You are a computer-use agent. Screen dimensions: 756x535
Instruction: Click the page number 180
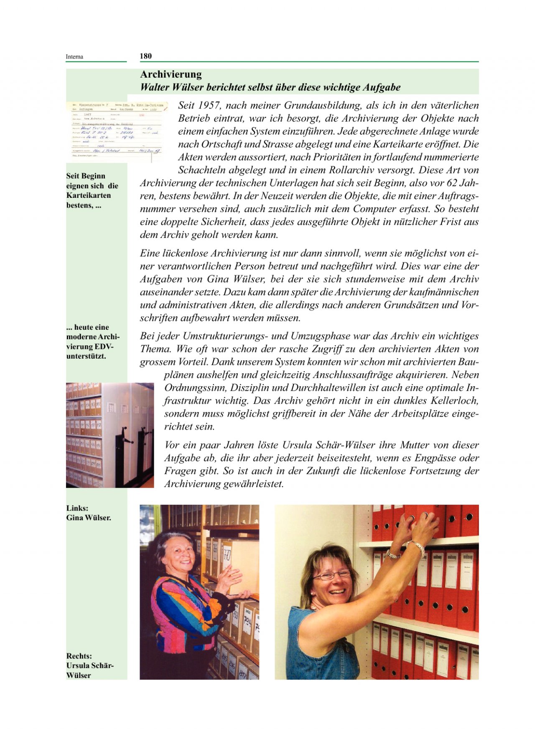click(145, 56)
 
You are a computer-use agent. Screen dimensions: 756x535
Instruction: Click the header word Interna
click(74, 57)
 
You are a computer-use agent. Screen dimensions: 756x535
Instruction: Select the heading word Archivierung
click(171, 74)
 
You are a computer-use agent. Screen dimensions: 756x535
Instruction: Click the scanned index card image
click(117, 131)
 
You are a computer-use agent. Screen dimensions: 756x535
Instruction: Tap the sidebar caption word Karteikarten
click(89, 195)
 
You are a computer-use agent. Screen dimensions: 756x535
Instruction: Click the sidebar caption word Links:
click(77, 508)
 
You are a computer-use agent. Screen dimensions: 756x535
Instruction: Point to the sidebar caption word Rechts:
click(79, 656)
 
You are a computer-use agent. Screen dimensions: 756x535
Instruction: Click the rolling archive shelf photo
click(110, 435)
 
